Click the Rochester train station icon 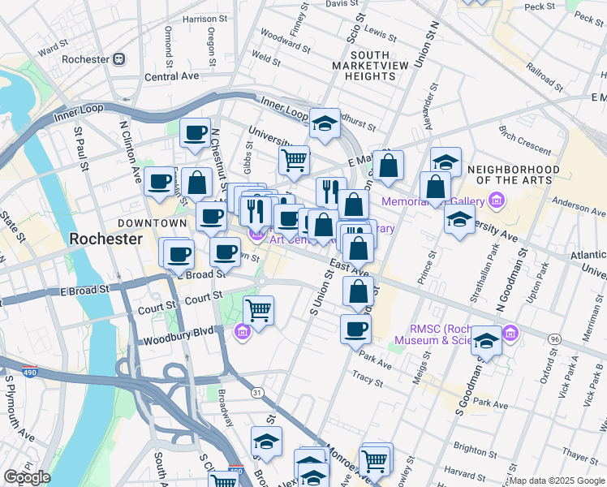point(119,59)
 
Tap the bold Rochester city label point(106,239)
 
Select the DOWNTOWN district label point(152,222)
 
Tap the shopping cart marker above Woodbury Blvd point(258,310)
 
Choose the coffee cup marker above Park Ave point(355,330)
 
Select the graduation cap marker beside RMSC point(486,340)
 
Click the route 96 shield point(553,338)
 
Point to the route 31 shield point(257,393)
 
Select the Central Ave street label point(171,76)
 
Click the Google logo point(27,477)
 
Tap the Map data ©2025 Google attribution point(557,481)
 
